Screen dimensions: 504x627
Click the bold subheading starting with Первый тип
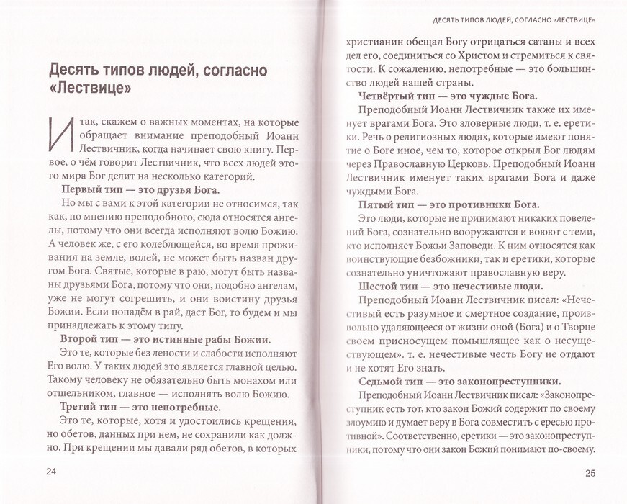pos(140,189)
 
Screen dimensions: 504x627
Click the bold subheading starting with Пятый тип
pos(444,205)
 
